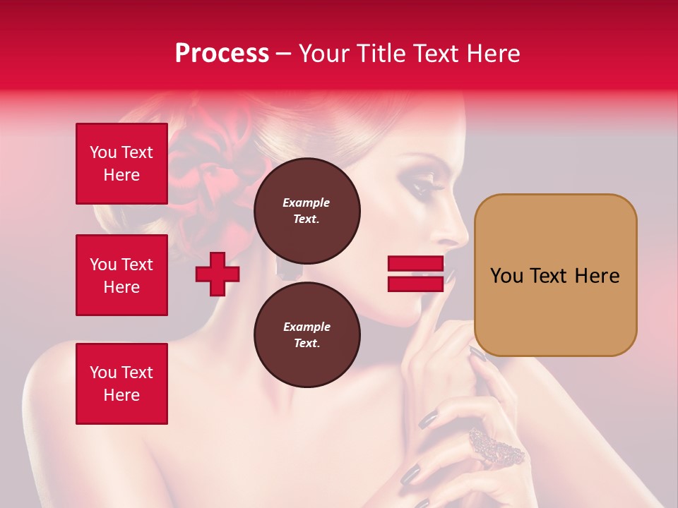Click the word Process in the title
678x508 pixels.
[x=222, y=54]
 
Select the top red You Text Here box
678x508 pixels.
[x=121, y=164]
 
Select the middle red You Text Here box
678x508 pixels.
[x=121, y=275]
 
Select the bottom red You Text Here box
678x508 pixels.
[x=121, y=384]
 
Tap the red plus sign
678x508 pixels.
[x=218, y=274]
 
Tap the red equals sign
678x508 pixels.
[x=415, y=274]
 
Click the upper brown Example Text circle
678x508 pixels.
[x=307, y=211]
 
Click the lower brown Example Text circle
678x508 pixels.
[x=307, y=335]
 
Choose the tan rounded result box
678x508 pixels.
[x=555, y=275]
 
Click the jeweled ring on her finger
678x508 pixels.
[x=496, y=447]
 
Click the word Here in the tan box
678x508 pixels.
[x=597, y=276]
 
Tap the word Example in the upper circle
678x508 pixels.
[x=306, y=202]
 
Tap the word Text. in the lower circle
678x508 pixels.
[x=307, y=344]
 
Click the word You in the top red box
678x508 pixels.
[x=103, y=152]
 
